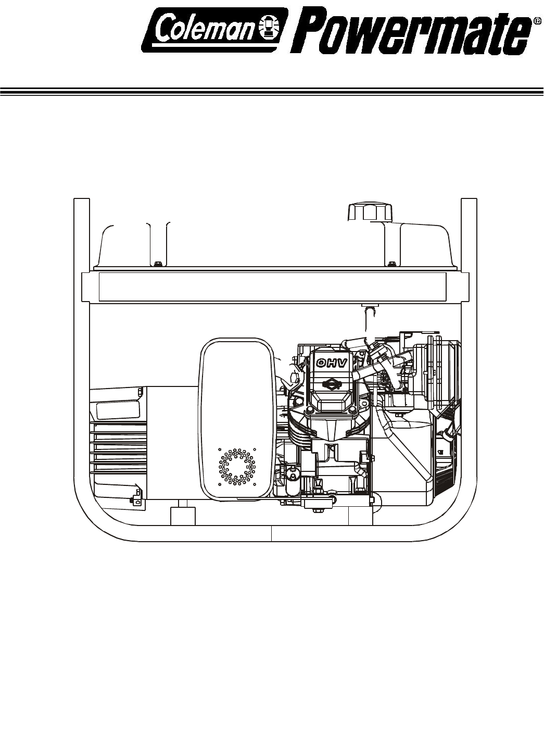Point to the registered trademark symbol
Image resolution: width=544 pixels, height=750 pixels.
(x=537, y=20)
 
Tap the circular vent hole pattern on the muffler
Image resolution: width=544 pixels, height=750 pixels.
(x=236, y=467)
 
